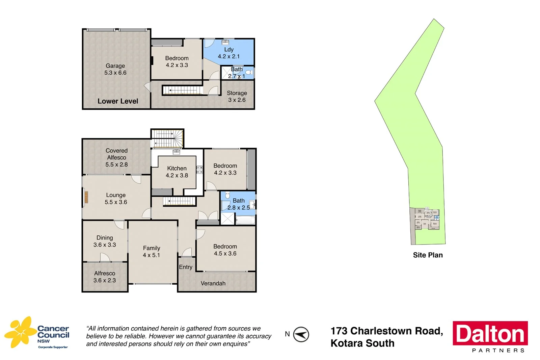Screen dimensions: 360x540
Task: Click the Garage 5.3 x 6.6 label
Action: point(115,69)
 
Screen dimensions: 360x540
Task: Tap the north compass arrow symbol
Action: point(301,334)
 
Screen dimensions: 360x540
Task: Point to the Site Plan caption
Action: point(428,255)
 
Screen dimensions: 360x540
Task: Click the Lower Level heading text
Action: point(118,101)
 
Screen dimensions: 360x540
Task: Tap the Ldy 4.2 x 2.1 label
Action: point(228,53)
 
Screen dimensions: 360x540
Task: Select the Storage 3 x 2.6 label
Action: point(237,96)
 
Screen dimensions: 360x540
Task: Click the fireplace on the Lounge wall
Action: point(86,197)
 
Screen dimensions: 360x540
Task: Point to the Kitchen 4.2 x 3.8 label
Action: point(177,172)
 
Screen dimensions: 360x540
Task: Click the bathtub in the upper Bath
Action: point(245,220)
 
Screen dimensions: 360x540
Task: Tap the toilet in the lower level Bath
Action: point(249,72)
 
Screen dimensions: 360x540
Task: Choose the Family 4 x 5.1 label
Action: point(151,252)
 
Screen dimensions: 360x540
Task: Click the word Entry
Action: point(185,267)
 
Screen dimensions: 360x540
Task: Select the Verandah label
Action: point(213,283)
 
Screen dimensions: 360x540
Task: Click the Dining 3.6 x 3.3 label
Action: point(105,241)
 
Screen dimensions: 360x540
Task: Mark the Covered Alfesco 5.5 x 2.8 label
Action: point(116,157)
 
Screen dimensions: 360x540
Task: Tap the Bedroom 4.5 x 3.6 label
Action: point(225,250)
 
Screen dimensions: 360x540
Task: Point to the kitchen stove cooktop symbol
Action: point(200,170)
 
